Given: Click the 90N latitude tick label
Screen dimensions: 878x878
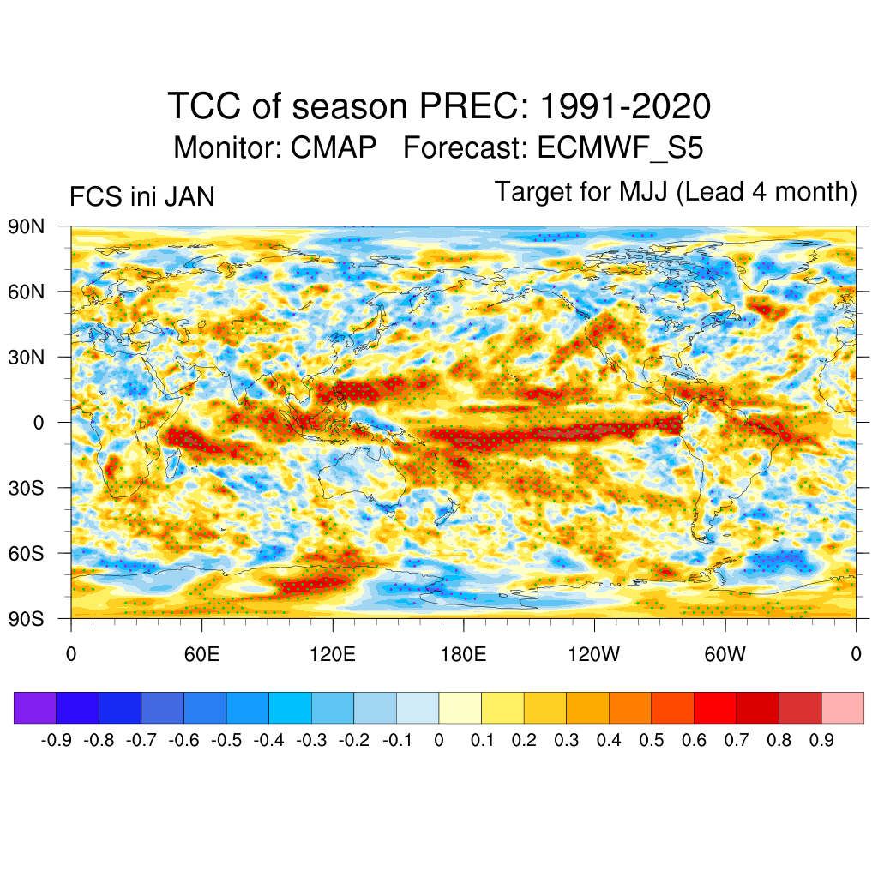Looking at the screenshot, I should click(27, 226).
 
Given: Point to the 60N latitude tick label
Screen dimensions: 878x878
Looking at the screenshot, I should click(27, 292).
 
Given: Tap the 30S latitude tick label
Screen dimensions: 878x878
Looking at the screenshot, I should click(27, 488).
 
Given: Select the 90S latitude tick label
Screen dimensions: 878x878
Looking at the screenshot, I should click(27, 618).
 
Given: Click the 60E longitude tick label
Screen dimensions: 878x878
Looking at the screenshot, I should click(201, 655).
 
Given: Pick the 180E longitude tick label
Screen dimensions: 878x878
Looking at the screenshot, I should click(463, 655).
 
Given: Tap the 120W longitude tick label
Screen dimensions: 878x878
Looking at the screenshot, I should click(594, 655).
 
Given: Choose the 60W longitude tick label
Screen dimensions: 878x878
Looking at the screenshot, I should click(725, 655).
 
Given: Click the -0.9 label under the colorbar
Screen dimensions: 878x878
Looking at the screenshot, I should click(57, 740).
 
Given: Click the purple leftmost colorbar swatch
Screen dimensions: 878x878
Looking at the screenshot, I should click(35, 707).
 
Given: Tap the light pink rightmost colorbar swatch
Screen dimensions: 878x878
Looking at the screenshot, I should click(842, 707).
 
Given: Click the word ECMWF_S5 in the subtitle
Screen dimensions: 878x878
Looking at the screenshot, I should click(620, 148).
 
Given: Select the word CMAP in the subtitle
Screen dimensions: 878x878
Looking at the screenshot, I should click(334, 148).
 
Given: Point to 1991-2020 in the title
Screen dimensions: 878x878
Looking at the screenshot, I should click(625, 107).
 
